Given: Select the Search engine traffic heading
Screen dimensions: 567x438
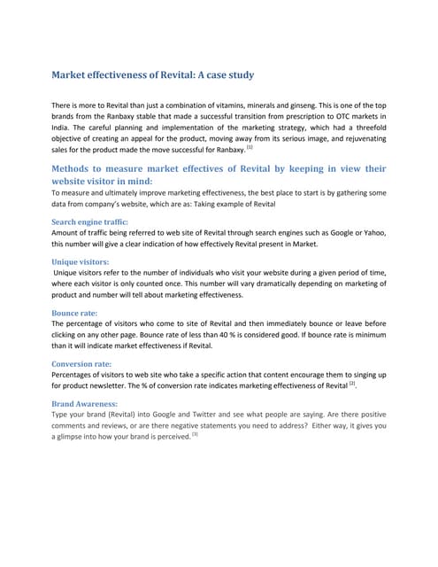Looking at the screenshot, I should (x=90, y=221).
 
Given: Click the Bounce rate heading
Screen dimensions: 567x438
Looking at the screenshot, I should (x=74, y=313).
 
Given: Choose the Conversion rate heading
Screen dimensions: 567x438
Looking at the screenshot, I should (x=81, y=363).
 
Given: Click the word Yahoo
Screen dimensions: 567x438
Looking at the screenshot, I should (x=374, y=232).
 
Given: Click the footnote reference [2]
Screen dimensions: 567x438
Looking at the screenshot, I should (x=352, y=384).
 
